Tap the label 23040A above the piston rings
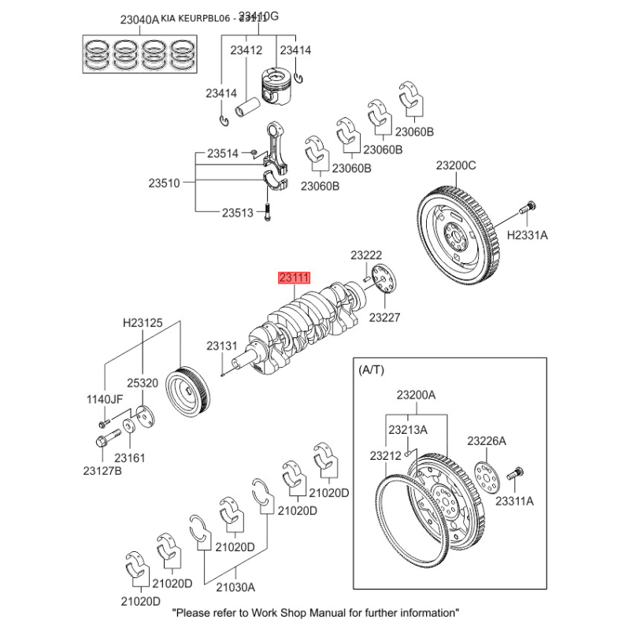(117, 20)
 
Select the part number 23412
(246, 50)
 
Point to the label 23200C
(456, 165)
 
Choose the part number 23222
(366, 255)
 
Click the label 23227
(385, 317)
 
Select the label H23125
(142, 323)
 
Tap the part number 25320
(142, 382)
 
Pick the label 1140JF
(105, 399)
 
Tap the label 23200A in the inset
(415, 395)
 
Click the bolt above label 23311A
(515, 474)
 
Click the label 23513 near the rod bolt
(237, 212)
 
